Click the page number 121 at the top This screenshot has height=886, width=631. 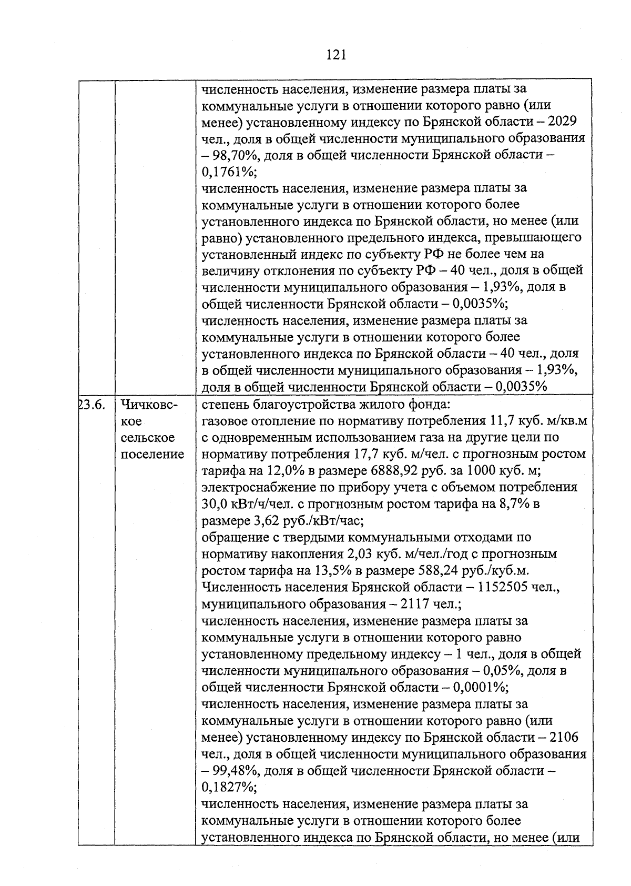tap(336, 54)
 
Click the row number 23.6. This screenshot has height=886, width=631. tap(93, 405)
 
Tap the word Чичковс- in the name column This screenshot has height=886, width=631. tap(149, 405)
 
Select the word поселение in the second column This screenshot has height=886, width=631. tap(152, 454)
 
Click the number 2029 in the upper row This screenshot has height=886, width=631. tap(562, 122)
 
